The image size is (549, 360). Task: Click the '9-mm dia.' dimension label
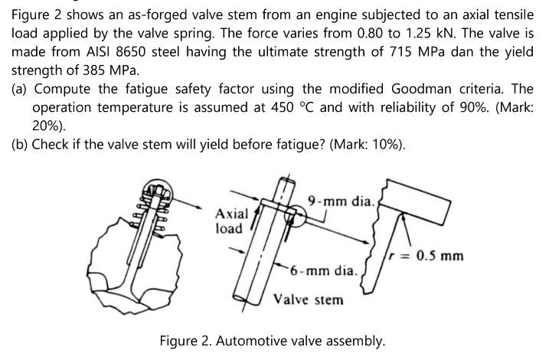click(x=340, y=201)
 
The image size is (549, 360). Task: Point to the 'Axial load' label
click(x=230, y=221)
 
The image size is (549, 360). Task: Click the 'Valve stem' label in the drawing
click(x=309, y=299)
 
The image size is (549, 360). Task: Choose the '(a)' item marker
click(x=21, y=90)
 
